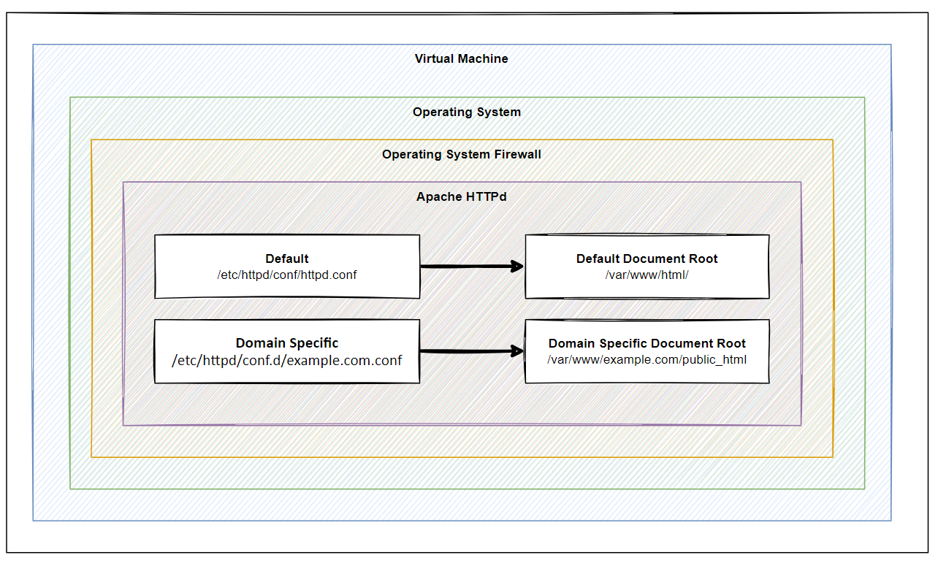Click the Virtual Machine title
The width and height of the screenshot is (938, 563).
461,58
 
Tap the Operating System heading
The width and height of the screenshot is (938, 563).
467,112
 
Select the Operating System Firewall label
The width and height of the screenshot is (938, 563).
461,155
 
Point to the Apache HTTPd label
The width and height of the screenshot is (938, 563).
461,196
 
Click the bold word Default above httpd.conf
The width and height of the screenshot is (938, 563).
287,258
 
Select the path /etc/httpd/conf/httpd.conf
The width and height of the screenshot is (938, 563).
287,275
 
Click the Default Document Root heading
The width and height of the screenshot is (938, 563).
647,258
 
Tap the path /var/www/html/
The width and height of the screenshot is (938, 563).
647,275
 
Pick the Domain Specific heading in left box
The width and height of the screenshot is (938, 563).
287,343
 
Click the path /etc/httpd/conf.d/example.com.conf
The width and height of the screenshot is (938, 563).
287,361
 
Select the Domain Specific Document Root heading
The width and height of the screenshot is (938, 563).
647,343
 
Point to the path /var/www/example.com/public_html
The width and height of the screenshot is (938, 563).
647,359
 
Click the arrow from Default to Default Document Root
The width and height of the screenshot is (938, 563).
472,267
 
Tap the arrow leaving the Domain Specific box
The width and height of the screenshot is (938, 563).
472,351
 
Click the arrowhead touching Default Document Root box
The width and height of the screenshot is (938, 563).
517,267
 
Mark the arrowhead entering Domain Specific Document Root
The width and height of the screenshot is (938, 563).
517,351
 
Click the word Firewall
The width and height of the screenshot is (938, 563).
517,155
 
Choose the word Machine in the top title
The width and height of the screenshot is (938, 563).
483,58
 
